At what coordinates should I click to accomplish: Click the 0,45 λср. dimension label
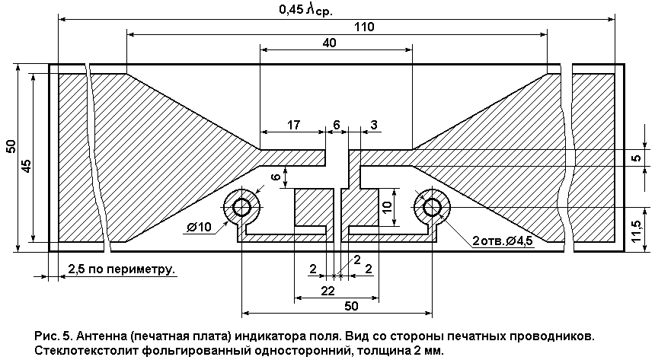[305, 10]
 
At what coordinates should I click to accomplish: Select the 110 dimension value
[364, 27]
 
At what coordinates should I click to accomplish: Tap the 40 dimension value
[330, 43]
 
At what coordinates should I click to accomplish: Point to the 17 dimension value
[293, 125]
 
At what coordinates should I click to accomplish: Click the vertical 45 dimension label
[27, 166]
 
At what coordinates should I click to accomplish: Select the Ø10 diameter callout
[200, 228]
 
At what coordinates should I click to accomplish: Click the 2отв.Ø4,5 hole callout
[503, 241]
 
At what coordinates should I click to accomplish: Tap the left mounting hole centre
[242, 207]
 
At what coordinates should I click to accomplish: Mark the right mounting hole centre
[432, 207]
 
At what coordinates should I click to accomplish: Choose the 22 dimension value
[328, 291]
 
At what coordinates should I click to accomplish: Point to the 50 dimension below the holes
[351, 306]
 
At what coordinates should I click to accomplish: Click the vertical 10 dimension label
[387, 207]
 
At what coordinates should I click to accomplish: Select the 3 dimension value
[374, 125]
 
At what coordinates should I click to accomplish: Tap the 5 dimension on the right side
[636, 158]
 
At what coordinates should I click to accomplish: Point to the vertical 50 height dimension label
[11, 146]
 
